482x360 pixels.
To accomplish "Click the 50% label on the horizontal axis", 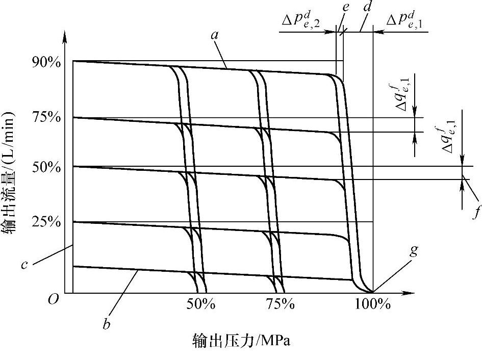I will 200,304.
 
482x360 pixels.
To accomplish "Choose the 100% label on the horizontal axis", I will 373,304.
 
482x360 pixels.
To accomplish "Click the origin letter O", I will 53,299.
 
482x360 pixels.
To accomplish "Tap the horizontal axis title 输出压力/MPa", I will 241,340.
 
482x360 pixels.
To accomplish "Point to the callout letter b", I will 106,324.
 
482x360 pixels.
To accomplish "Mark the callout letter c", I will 24,265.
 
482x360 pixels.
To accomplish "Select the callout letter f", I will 476,211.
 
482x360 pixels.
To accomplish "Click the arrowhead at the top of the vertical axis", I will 65,37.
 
